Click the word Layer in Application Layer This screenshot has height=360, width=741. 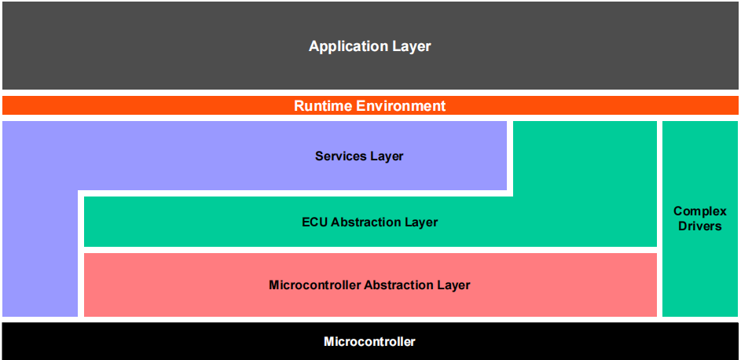click(x=412, y=46)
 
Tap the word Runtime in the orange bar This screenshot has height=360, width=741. click(x=323, y=105)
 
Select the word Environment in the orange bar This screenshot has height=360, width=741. click(x=401, y=105)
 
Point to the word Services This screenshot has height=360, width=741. click(x=337, y=156)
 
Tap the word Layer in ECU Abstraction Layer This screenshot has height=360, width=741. click(x=418, y=222)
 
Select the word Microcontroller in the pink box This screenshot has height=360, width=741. click(x=315, y=285)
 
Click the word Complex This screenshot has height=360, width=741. click(x=700, y=211)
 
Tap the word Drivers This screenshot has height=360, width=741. click(x=700, y=226)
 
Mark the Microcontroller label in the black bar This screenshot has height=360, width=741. click(x=369, y=341)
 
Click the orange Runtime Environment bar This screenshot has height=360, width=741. click(x=371, y=105)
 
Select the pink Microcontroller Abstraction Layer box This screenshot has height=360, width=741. click(x=371, y=285)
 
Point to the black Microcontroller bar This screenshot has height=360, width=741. click(x=371, y=341)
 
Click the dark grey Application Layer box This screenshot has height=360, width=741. click(x=371, y=46)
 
